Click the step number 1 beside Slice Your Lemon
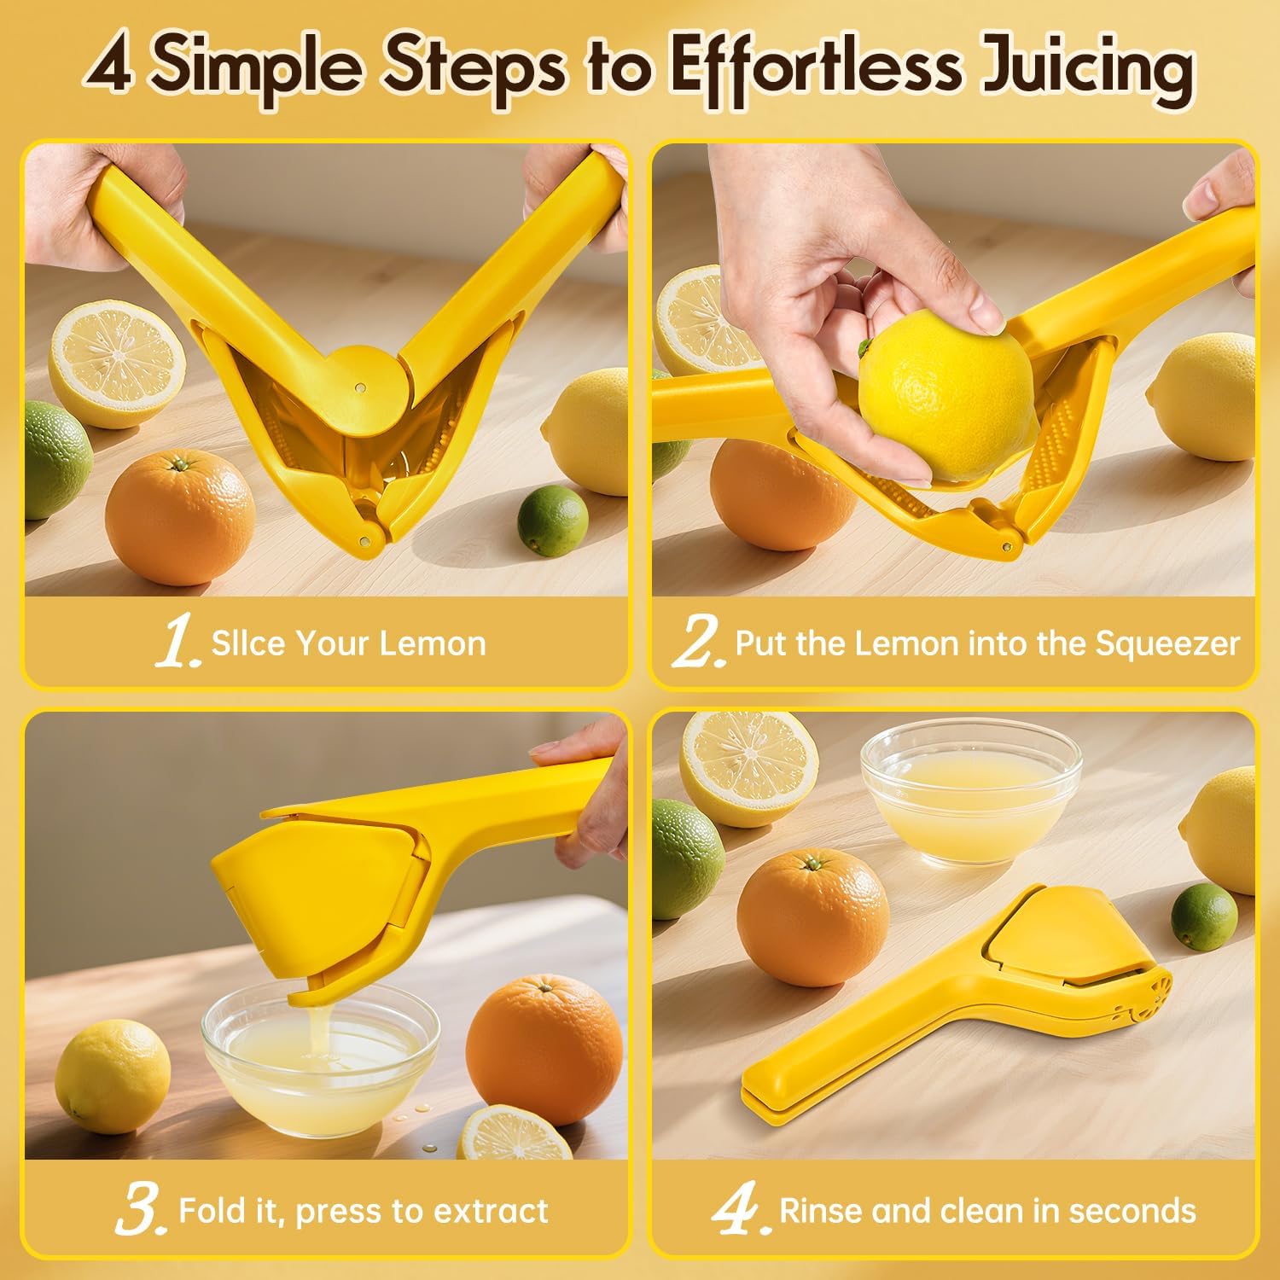[x=178, y=643]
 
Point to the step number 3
[x=138, y=1210]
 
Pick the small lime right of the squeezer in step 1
[x=553, y=520]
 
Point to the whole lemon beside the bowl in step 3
[x=113, y=1074]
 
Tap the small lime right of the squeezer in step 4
[x=1203, y=917]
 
